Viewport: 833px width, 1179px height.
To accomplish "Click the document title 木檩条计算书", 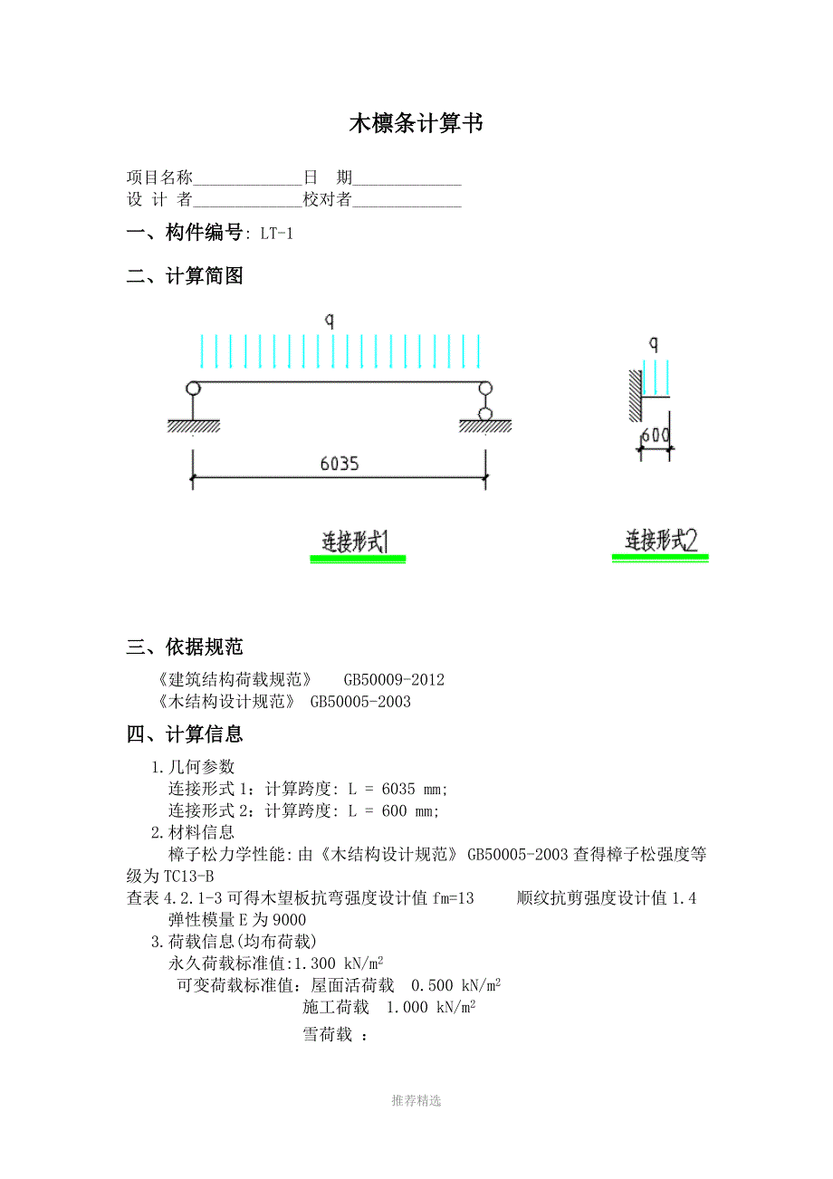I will [x=416, y=124].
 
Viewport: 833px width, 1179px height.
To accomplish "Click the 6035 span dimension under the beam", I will [x=340, y=464].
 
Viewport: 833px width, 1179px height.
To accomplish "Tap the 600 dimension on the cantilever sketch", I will [x=656, y=436].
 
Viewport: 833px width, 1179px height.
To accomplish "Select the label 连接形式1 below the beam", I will [x=357, y=542].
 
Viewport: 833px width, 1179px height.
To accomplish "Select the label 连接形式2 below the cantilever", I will [x=661, y=541].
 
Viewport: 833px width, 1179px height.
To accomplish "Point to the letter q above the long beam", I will [x=330, y=320].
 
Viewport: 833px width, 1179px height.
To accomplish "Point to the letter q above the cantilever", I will [x=654, y=344].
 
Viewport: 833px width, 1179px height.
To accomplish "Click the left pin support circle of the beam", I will [x=193, y=388].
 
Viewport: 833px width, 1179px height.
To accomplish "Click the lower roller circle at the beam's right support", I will [x=486, y=415].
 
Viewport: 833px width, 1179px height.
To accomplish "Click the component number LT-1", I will [x=276, y=234].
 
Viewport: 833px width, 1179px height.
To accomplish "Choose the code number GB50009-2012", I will [x=394, y=679].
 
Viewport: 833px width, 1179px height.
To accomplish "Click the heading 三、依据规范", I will [x=185, y=647].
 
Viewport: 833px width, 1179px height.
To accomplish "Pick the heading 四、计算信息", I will [x=185, y=734].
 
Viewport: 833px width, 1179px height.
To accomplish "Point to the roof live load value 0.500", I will [x=432, y=985].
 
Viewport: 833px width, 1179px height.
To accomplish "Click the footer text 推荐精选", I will [x=416, y=1100].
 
